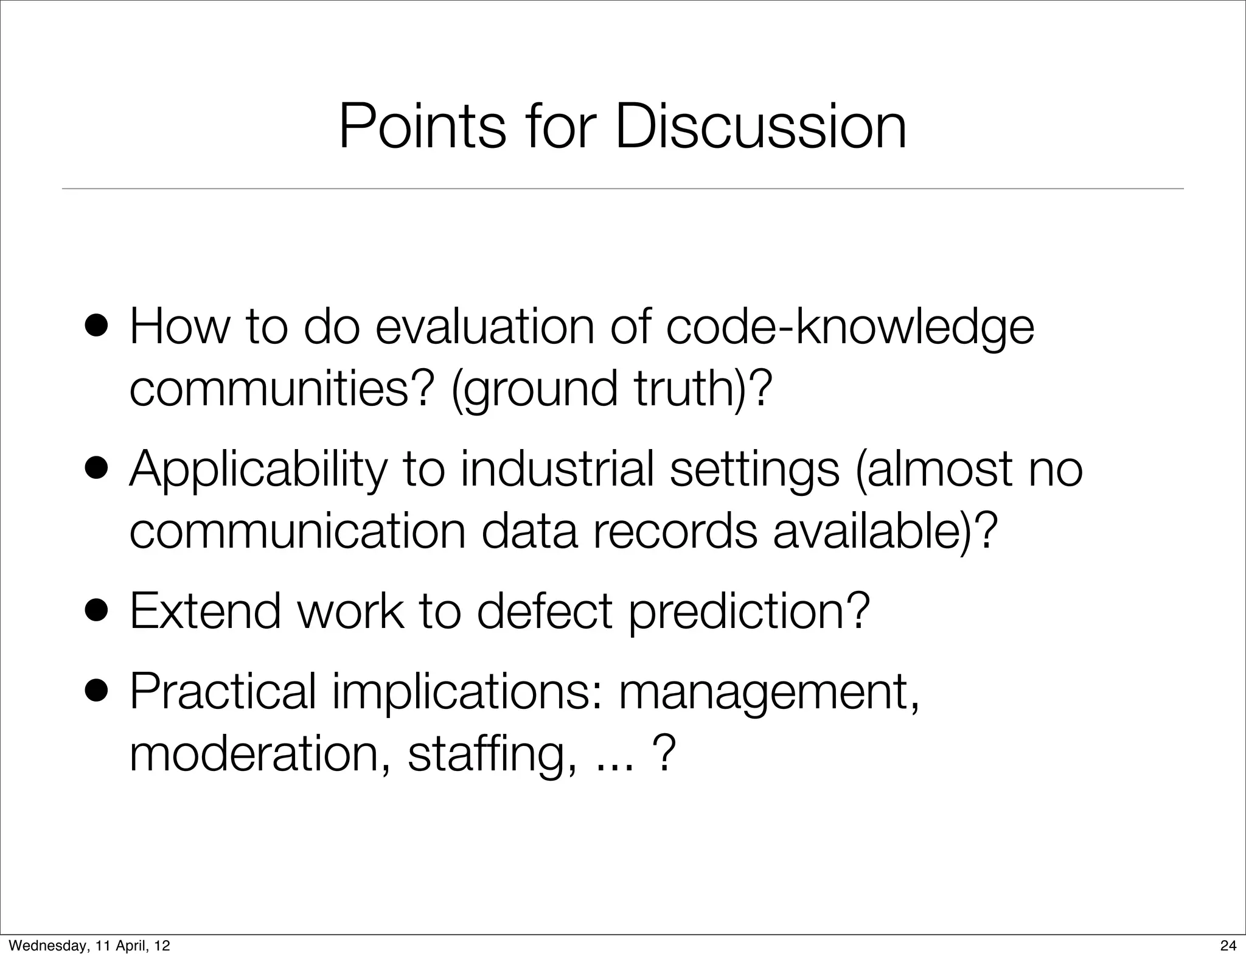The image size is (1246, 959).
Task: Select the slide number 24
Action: pyautogui.click(x=1228, y=946)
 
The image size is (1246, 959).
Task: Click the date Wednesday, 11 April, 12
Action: pyautogui.click(x=89, y=946)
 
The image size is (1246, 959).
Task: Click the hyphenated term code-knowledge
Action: pyautogui.click(x=849, y=329)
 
